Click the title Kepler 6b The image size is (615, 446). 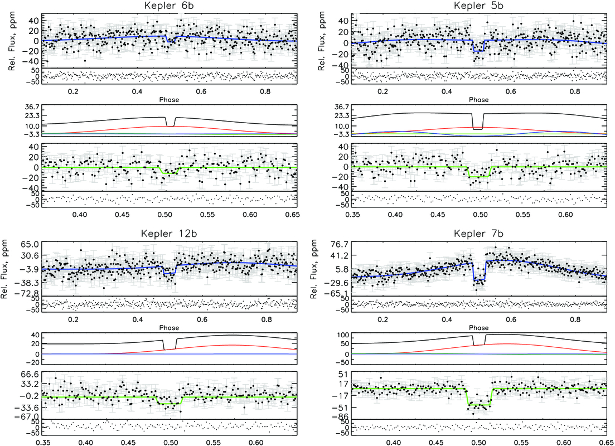tap(169, 6)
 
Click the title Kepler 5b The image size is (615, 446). tap(478, 6)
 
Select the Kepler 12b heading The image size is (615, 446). tap(169, 234)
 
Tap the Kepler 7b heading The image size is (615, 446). tap(478, 234)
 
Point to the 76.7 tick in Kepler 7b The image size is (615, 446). tap(340, 244)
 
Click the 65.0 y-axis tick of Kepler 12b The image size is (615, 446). tap(30, 244)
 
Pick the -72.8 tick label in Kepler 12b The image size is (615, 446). tap(28, 293)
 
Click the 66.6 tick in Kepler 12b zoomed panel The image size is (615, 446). tap(30, 374)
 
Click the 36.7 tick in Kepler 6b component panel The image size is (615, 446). tap(30, 107)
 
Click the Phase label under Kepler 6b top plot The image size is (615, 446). tap(169, 100)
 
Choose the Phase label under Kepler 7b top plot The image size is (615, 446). tap(478, 328)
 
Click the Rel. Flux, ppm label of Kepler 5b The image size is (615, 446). tap(322, 41)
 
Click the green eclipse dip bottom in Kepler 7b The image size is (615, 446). tap(479, 404)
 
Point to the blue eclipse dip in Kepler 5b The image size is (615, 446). tap(479, 51)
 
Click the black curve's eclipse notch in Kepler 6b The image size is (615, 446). tap(170, 126)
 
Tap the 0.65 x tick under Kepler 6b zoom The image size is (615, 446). tap(293, 215)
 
